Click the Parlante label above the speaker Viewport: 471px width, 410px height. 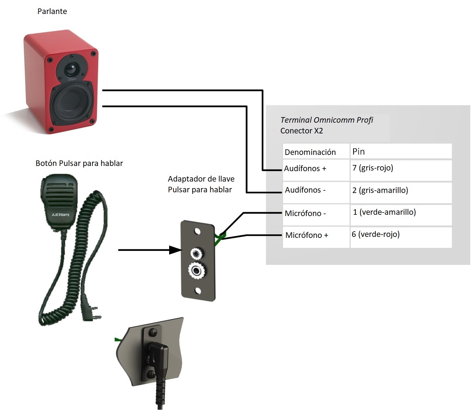(52, 11)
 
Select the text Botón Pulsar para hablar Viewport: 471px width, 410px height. (79, 163)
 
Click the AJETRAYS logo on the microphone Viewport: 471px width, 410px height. (61, 215)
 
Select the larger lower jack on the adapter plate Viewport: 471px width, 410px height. (196, 270)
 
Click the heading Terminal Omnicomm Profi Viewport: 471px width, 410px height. (327, 120)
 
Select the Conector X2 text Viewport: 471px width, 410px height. (302, 131)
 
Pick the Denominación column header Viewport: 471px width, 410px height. (310, 152)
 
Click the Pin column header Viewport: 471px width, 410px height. (358, 151)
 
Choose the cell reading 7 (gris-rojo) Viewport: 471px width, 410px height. (373, 168)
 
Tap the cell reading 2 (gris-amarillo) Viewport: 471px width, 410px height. (380, 190)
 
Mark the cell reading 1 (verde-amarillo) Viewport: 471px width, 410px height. (384, 212)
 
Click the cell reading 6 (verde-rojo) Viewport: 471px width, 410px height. (375, 234)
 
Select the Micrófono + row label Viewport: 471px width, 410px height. (307, 235)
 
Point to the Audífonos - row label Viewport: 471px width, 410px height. (305, 190)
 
